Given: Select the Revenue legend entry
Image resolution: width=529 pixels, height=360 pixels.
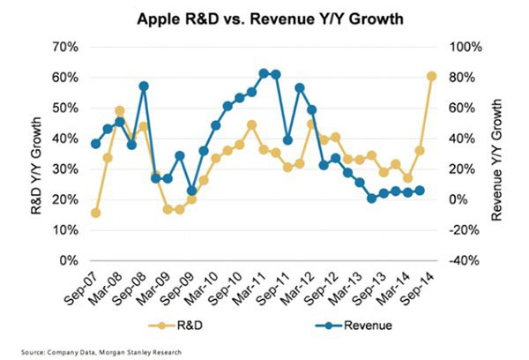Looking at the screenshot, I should [346, 325].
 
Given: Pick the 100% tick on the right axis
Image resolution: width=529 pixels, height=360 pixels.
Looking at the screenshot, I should [466, 46].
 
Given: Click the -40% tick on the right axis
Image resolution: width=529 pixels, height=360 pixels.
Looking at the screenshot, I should [465, 261].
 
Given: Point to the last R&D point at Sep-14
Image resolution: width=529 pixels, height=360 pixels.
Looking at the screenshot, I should [432, 76].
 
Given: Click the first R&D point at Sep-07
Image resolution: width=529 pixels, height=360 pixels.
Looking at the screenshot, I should [95, 213].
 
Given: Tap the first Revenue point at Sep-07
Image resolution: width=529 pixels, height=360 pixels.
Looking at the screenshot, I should [95, 144].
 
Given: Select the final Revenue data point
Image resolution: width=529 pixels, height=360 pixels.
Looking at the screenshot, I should [420, 190].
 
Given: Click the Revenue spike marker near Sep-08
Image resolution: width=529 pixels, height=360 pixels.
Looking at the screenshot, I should [144, 86].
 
